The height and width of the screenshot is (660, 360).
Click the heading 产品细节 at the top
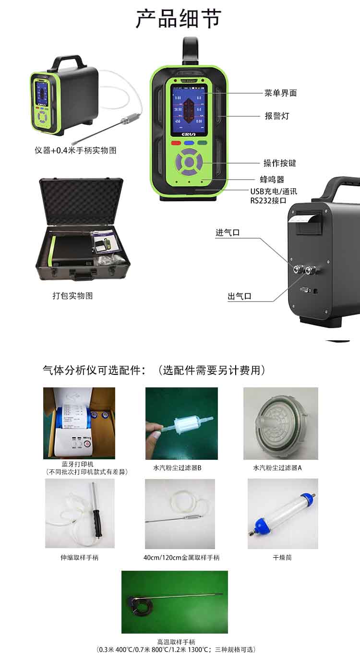click(179, 19)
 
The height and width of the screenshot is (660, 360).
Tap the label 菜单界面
click(280, 93)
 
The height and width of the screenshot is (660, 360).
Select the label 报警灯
click(277, 116)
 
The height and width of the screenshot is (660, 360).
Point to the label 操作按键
click(279, 163)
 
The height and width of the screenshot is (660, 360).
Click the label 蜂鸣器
click(272, 180)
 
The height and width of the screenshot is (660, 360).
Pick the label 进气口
click(228, 233)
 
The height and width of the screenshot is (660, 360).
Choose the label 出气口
click(240, 297)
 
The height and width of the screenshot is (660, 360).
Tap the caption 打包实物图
click(72, 296)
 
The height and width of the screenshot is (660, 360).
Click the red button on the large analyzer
click(176, 143)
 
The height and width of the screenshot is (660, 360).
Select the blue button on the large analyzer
click(189, 143)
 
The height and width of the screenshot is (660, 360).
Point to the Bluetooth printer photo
click(79, 423)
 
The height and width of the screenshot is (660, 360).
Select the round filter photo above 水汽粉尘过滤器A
click(280, 423)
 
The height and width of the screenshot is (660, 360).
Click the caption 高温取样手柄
click(176, 642)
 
